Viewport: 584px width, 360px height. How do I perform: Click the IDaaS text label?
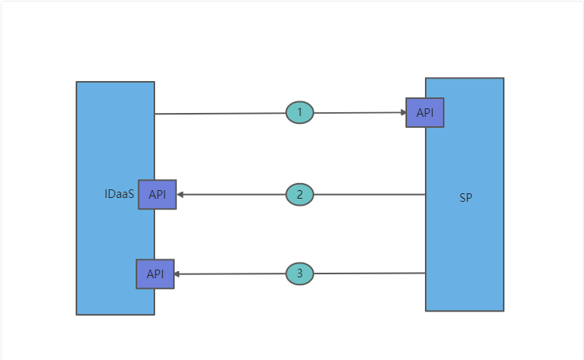click(x=119, y=194)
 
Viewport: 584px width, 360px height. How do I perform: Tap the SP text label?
click(x=465, y=198)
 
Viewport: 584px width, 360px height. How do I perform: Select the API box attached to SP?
click(x=425, y=113)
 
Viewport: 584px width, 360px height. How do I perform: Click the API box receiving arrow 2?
click(x=158, y=194)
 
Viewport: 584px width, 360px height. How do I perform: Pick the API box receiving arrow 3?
click(x=155, y=274)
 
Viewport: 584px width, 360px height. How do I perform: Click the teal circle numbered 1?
click(x=299, y=113)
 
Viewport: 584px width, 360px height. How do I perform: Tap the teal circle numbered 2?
click(x=299, y=194)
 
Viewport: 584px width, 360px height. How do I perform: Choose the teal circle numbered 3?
click(x=299, y=274)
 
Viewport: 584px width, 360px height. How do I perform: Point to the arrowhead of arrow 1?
click(x=402, y=112)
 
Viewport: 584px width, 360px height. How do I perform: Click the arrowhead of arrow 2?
click(x=180, y=194)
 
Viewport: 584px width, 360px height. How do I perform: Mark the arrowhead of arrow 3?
click(x=178, y=274)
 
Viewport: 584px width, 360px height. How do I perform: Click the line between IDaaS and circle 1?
click(x=220, y=114)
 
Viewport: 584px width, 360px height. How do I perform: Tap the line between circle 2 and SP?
click(x=368, y=194)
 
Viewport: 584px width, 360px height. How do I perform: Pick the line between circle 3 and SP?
click(x=368, y=274)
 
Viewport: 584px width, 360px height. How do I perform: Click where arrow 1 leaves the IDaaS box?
click(x=155, y=114)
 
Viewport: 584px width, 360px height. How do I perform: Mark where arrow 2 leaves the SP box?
click(x=425, y=194)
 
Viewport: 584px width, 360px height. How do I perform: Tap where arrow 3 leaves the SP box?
click(x=425, y=274)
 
